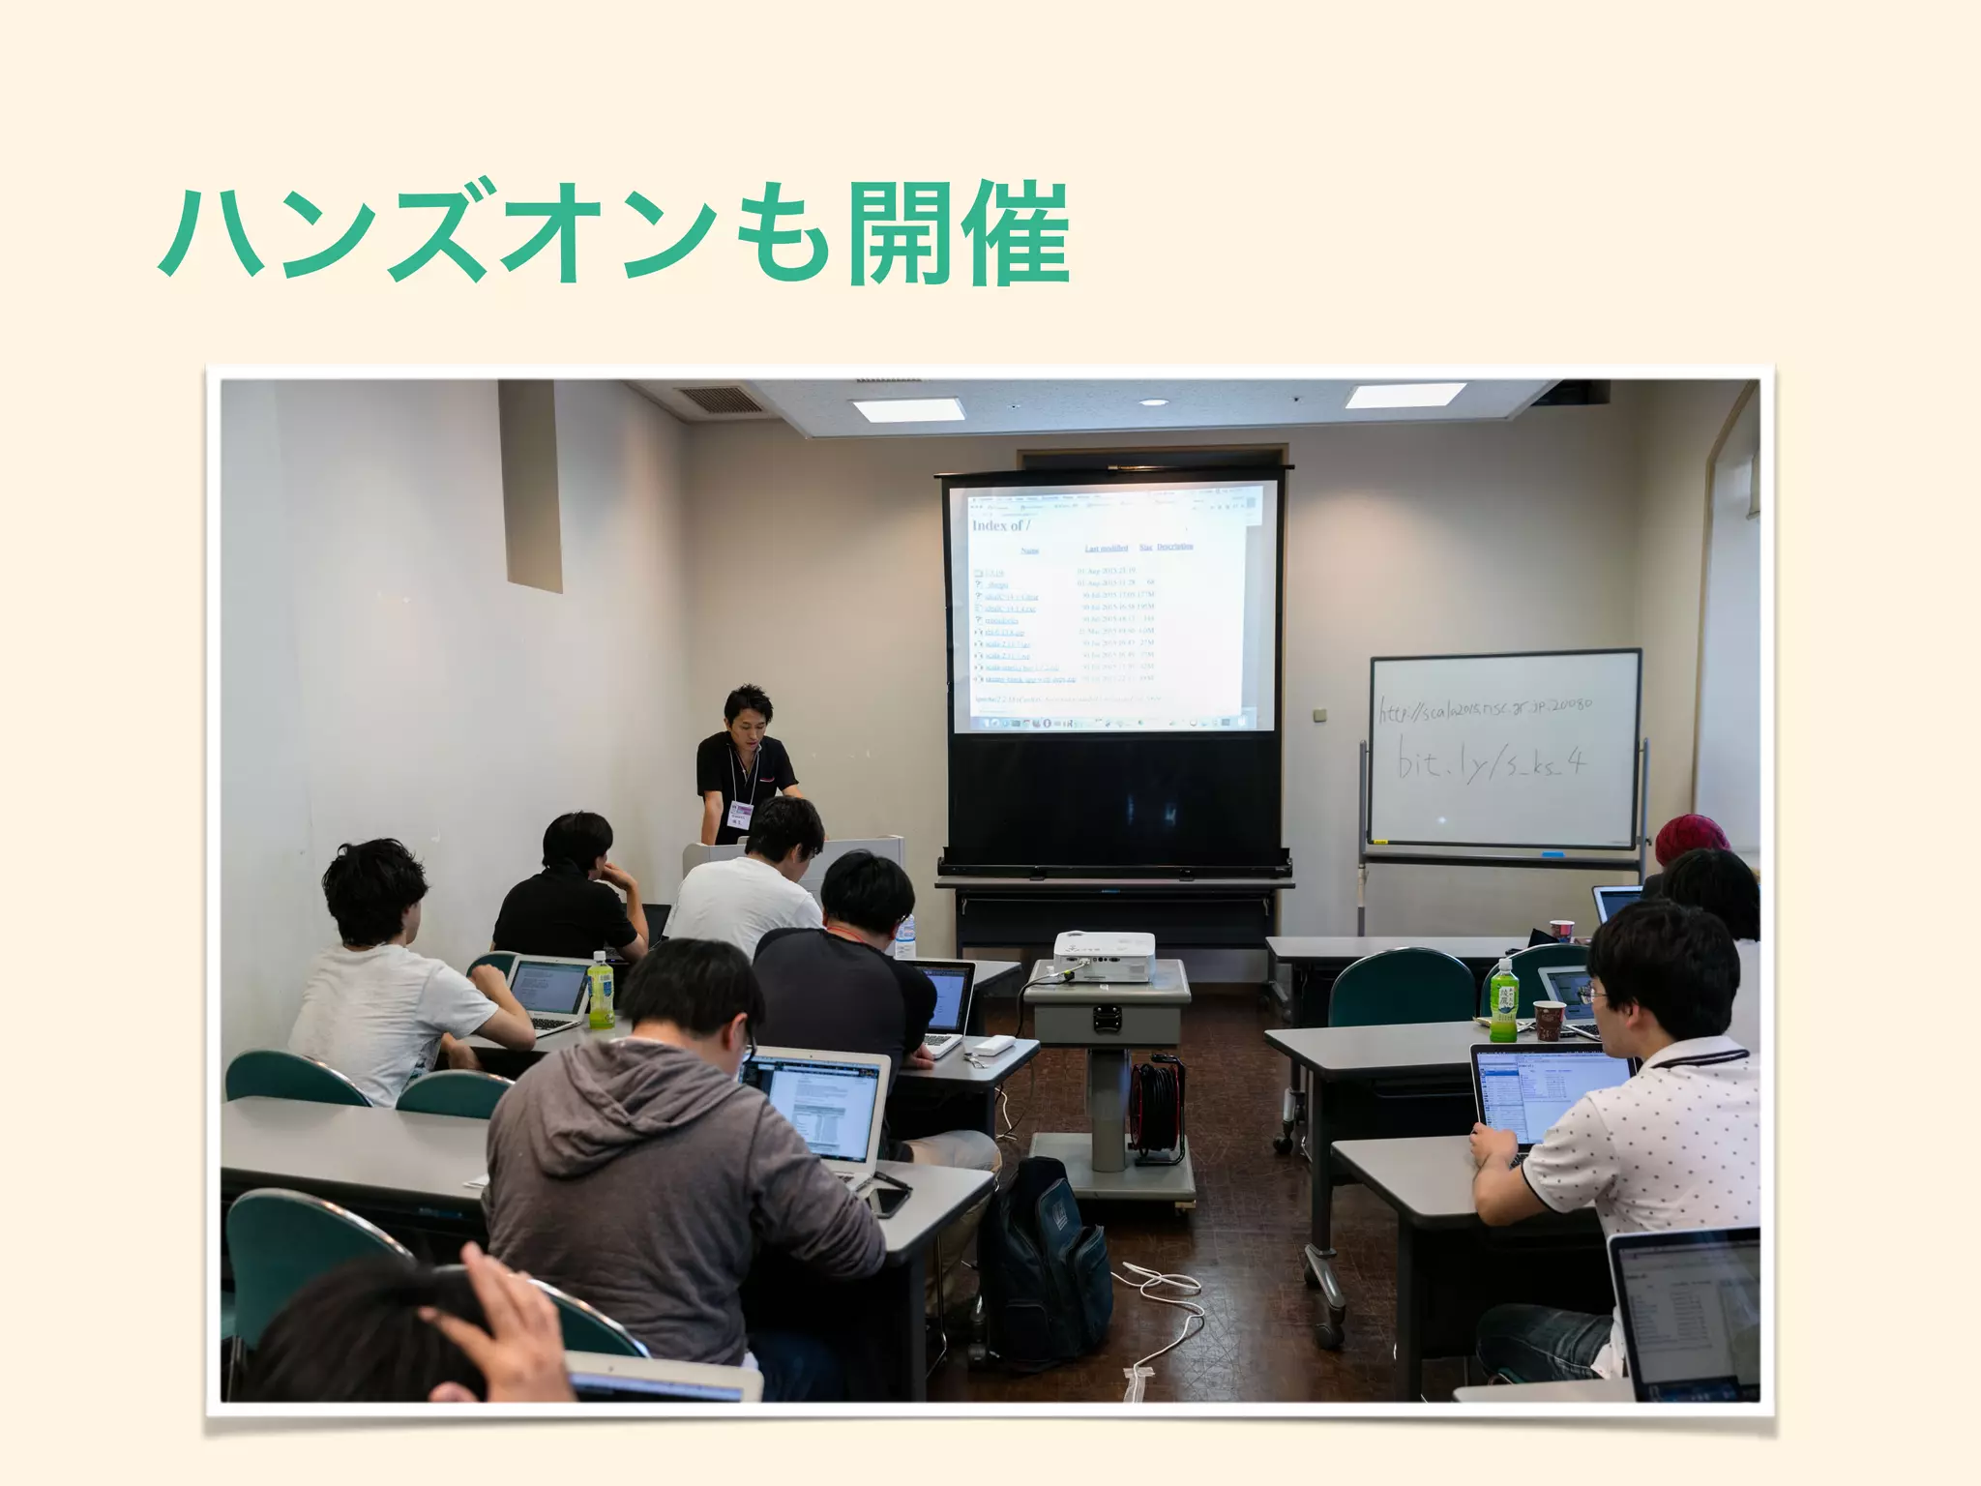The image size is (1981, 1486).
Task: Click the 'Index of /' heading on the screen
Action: [x=1000, y=525]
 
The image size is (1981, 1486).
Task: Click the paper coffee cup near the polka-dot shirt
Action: [x=1549, y=1020]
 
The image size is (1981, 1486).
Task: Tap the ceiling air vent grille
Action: [x=715, y=399]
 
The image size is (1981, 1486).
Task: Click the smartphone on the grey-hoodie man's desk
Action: [x=891, y=1200]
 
